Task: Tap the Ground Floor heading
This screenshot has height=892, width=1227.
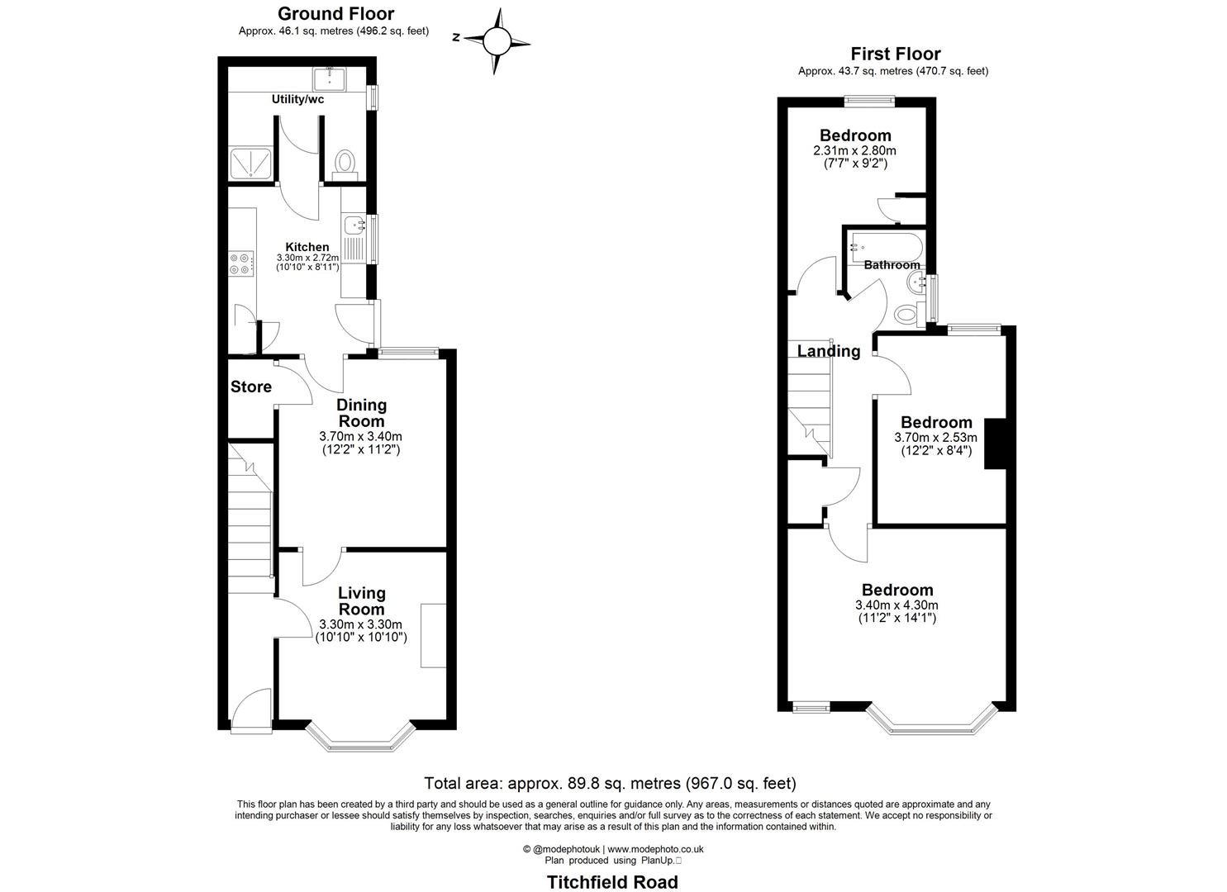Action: [x=335, y=14]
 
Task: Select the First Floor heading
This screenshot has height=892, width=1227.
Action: [x=895, y=55]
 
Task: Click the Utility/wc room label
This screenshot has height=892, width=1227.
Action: [x=297, y=99]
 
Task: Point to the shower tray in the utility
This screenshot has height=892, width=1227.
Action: [x=248, y=163]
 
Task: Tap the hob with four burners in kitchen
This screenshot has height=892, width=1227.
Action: [x=240, y=263]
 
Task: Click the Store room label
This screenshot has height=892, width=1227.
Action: [x=251, y=387]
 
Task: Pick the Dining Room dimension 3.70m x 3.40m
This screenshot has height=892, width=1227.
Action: [x=361, y=436]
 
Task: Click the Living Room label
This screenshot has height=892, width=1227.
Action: [x=362, y=601]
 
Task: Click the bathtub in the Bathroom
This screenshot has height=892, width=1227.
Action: [x=882, y=245]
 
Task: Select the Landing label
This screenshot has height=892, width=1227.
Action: [x=829, y=351]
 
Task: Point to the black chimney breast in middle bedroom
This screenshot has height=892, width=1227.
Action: [x=995, y=444]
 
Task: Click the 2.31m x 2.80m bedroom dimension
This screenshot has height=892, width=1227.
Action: [x=854, y=151]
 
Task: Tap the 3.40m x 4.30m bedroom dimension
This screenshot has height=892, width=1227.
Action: [x=897, y=605]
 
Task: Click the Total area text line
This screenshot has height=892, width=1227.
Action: [x=610, y=783]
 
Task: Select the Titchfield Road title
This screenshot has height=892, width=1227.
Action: [x=612, y=882]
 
